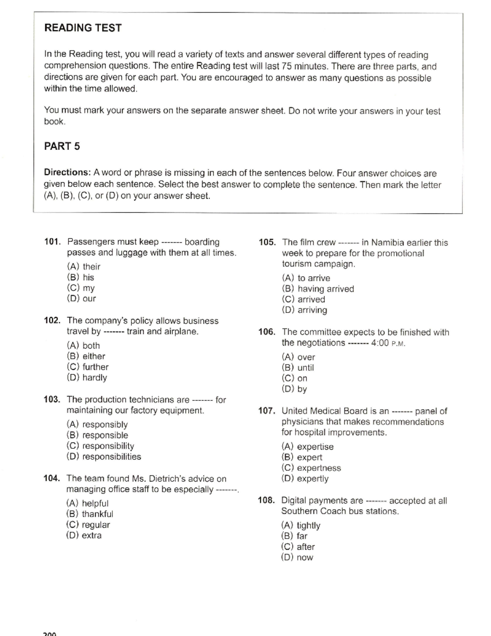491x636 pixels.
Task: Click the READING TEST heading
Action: tap(83, 28)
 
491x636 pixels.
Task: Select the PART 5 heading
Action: tap(62, 146)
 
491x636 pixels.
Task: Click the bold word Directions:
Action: tap(67, 172)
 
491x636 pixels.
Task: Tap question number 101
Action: tap(52, 242)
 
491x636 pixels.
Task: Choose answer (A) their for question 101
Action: tap(83, 267)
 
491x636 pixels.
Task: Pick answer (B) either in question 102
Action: tap(86, 356)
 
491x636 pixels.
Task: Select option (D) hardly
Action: tap(87, 378)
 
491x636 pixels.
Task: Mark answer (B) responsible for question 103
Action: tap(97, 435)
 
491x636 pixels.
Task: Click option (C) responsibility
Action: tap(100, 446)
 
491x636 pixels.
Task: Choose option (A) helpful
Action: tap(87, 503)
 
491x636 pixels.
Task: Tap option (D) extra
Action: tap(84, 535)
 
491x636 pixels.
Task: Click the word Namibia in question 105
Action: tap(388, 242)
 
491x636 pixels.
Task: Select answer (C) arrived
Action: tap(304, 299)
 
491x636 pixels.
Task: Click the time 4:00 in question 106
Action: tap(380, 343)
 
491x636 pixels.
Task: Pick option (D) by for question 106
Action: tap(294, 389)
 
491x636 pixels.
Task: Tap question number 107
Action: tap(266, 411)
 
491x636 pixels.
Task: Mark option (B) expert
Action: tap(302, 457)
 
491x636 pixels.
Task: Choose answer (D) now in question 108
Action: tap(297, 557)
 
